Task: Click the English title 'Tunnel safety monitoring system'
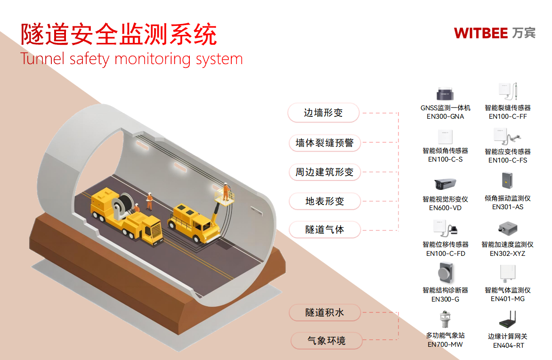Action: [x=131, y=59]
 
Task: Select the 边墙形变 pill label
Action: [x=324, y=113]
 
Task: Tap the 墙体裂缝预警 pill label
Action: [x=324, y=143]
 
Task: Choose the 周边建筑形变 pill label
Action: [x=324, y=172]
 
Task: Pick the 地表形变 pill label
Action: [x=324, y=201]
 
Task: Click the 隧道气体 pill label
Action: [x=324, y=230]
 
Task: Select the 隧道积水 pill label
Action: [x=325, y=312]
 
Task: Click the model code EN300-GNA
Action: [x=445, y=116]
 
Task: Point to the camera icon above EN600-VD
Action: [x=445, y=184]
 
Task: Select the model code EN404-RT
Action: [x=508, y=345]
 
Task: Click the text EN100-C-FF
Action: [x=508, y=116]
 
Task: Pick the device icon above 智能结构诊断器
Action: [x=445, y=274]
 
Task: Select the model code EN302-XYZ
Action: [x=507, y=254]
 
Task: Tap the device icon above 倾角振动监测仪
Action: [x=507, y=181]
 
